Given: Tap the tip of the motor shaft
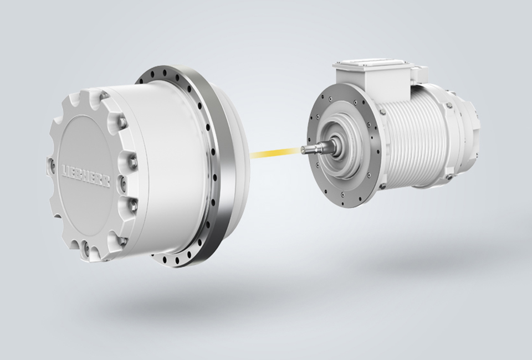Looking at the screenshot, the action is pos(302,148).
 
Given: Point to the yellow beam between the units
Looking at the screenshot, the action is pos(275,152).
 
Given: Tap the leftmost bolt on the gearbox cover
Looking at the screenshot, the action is pos(52,164).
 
